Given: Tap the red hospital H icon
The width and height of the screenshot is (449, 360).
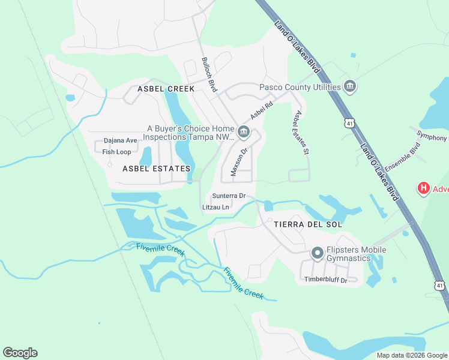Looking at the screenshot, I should point(424,188).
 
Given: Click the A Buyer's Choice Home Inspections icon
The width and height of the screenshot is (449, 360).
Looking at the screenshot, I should point(243,132).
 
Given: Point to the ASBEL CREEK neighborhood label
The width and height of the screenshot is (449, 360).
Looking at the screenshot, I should point(166,89).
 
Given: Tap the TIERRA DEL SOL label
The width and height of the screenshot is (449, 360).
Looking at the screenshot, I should point(308,224).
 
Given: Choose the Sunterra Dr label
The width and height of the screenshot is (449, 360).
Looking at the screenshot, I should point(229,196).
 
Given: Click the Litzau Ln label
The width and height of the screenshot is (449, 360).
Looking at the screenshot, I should point(216,208).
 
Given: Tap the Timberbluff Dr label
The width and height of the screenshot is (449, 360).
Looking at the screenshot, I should point(326,280).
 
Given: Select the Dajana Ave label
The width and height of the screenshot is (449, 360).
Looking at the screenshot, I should point(120,141).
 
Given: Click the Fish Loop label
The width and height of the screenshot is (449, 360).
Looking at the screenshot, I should point(116,152).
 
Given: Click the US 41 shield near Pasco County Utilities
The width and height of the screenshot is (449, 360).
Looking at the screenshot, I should point(349,123).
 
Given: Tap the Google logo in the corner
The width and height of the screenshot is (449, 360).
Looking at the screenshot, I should point(20,353).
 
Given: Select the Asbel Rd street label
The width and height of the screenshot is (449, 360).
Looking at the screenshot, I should point(262,110).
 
